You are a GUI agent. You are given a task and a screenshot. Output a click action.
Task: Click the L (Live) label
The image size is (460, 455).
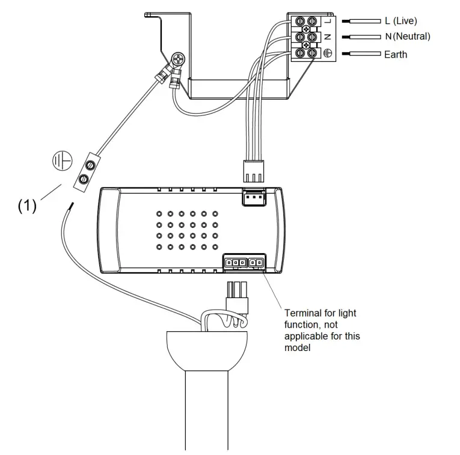pos(400,20)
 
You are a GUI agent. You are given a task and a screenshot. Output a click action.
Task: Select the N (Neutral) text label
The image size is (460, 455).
pos(408,37)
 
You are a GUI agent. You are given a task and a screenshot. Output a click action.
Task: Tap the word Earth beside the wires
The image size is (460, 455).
pos(395,55)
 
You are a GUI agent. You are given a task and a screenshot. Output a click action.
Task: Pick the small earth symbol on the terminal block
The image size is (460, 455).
pos(328,53)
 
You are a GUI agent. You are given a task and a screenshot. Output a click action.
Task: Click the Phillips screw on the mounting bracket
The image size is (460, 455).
pos(179,60)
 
